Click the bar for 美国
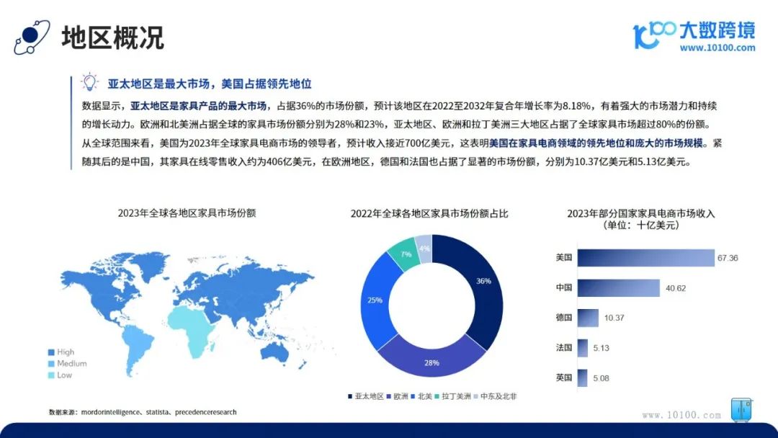tap(645, 258)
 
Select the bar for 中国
tap(618, 288)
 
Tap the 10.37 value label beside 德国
tap(614, 318)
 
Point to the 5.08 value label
tap(601, 378)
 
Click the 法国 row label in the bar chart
tap(563, 348)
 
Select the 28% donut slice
tap(432, 358)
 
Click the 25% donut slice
tap(377, 300)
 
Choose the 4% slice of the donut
tap(424, 248)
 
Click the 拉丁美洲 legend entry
tap(452, 396)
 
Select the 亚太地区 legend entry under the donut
tap(366, 396)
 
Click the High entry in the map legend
tap(61, 352)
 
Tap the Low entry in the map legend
tap(60, 375)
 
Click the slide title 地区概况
tap(112, 37)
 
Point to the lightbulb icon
tap(90, 82)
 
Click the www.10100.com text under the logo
tap(717, 48)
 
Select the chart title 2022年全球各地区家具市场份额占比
tap(429, 214)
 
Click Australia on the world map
tap(276, 353)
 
